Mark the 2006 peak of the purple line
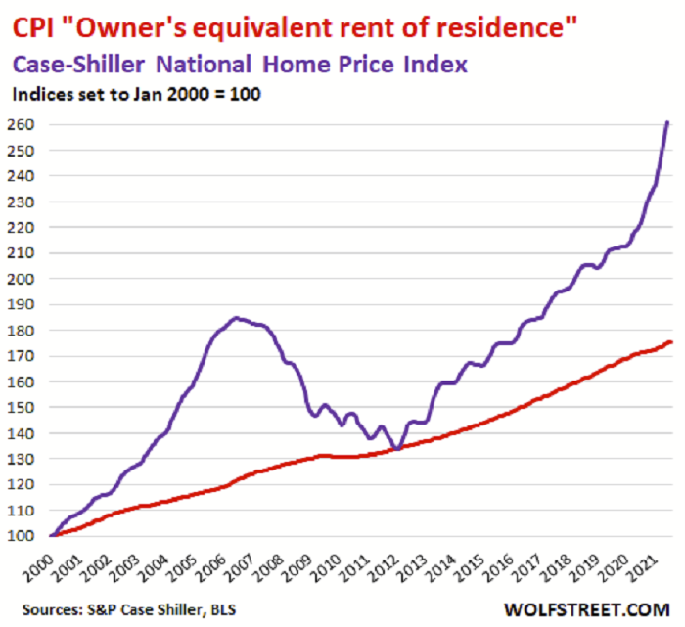coord(237,318)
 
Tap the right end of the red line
coord(670,342)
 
